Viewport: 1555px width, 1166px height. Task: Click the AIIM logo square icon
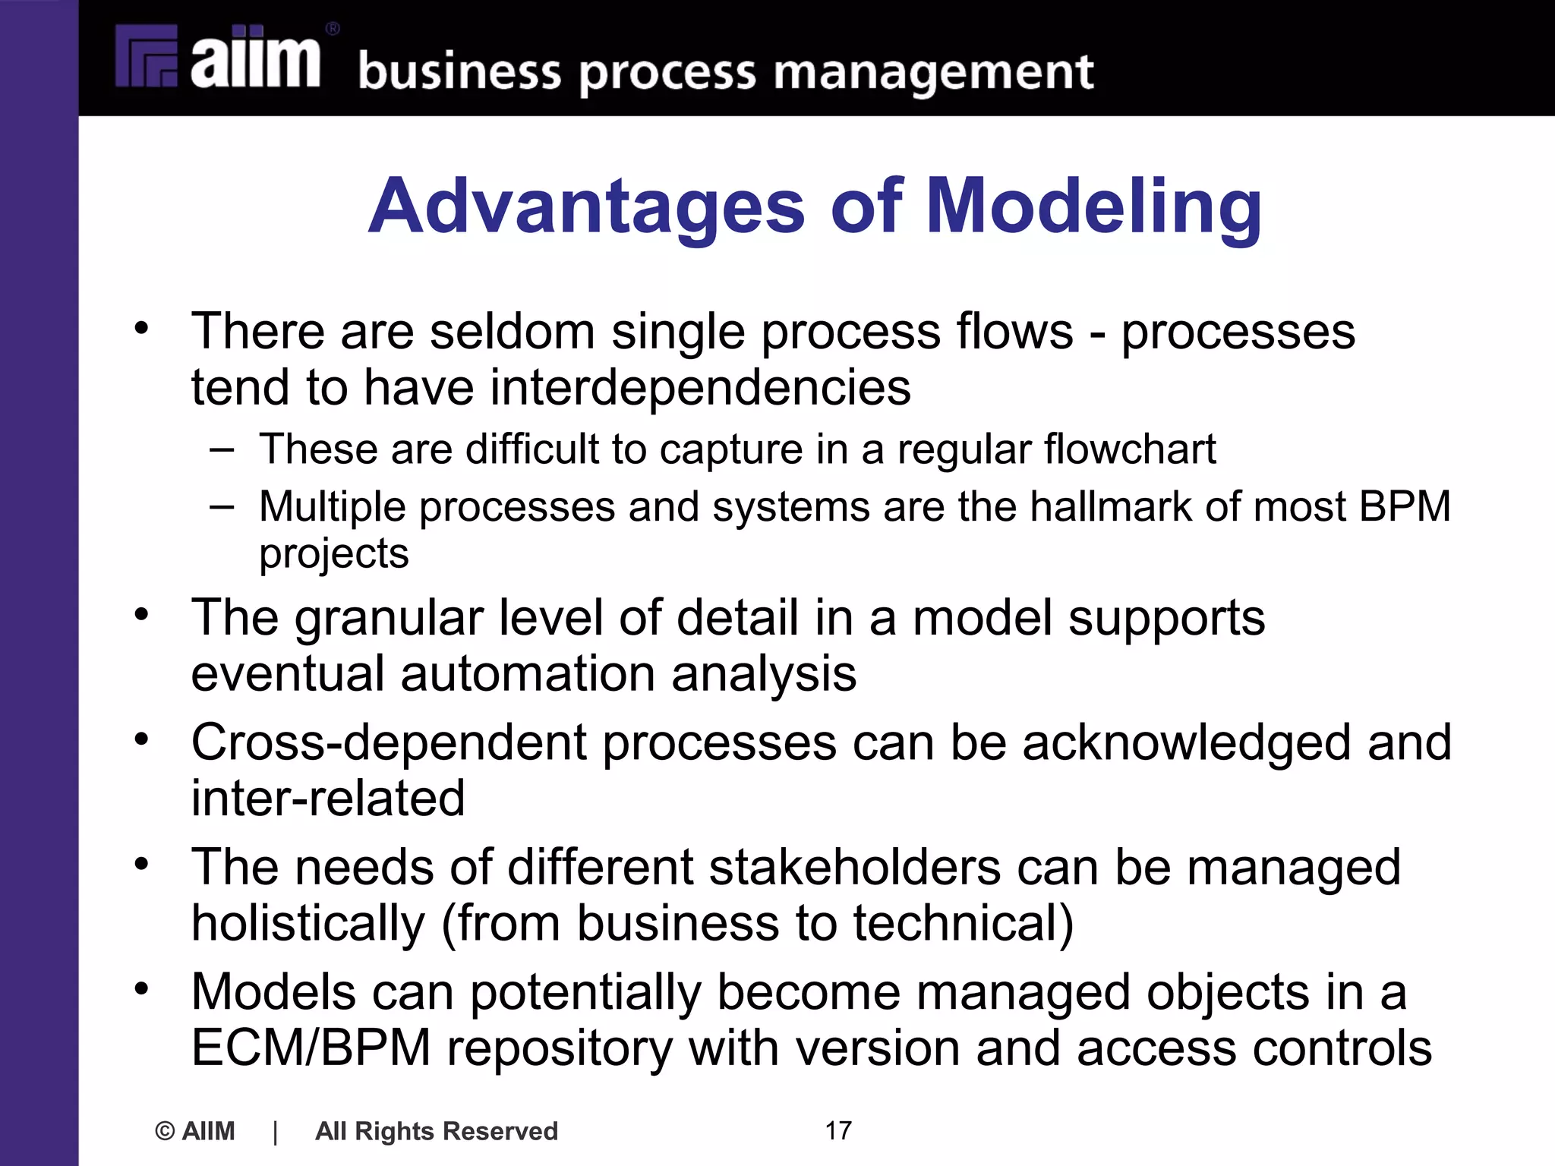pos(147,56)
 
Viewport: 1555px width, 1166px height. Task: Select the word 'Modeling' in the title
pos(1094,206)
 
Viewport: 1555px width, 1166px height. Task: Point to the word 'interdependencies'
pos(701,387)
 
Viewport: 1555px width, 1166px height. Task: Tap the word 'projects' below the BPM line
pos(334,554)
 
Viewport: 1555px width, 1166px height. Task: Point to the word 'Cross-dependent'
pos(389,742)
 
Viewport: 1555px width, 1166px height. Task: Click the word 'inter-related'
pos(328,799)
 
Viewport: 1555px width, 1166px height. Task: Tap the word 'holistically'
pos(308,923)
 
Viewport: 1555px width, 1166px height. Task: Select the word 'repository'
pos(560,1048)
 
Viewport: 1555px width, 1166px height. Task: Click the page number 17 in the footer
pos(838,1130)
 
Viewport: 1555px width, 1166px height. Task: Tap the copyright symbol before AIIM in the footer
pos(165,1131)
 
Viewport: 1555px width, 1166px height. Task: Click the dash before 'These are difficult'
pos(222,449)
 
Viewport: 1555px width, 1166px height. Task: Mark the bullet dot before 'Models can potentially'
pos(141,988)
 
